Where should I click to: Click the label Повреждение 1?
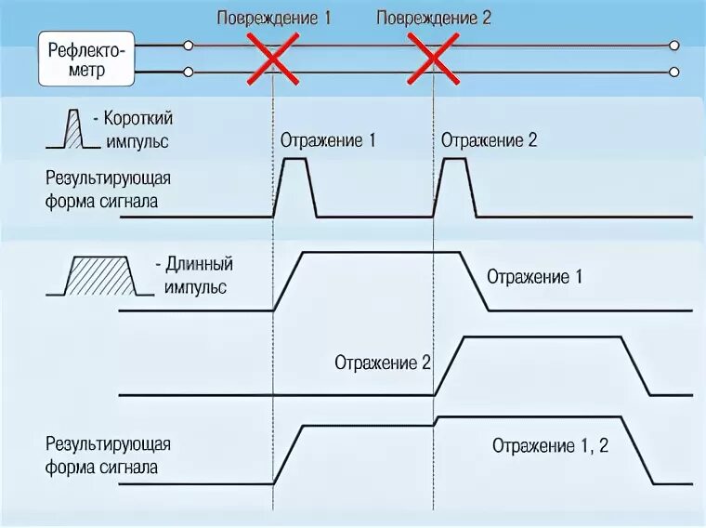coord(274,18)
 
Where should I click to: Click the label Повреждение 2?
coord(434,18)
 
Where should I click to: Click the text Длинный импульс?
coord(198,276)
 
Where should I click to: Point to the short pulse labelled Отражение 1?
coord(295,186)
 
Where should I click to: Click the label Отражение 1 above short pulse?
coord(328,140)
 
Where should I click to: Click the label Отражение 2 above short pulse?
coord(489,140)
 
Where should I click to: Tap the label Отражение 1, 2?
coord(550,445)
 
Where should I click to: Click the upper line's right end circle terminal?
coord(674,45)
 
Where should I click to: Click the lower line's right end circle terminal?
coord(674,72)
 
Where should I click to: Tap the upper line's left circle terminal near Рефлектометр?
coord(189,45)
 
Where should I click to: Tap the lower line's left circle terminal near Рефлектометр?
coord(189,72)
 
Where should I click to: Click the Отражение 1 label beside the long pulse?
coord(535,276)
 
